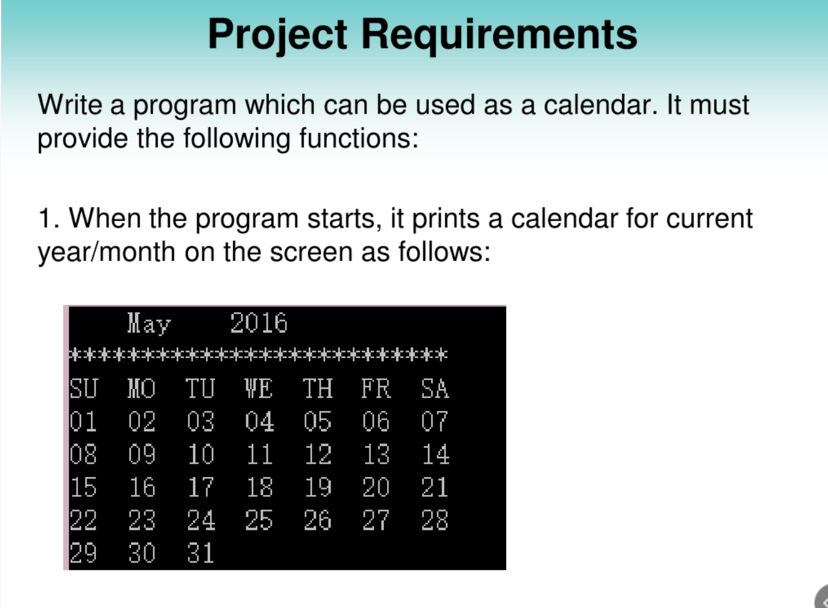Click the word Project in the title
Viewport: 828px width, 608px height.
pyautogui.click(x=278, y=35)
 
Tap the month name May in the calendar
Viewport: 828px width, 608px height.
pyautogui.click(x=149, y=323)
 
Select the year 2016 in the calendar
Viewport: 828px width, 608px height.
pyautogui.click(x=259, y=323)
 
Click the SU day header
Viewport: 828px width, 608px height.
pyautogui.click(x=84, y=389)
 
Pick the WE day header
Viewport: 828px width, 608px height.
pyautogui.click(x=259, y=389)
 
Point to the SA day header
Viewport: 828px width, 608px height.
pyautogui.click(x=435, y=389)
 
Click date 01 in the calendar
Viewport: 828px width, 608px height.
pyautogui.click(x=84, y=422)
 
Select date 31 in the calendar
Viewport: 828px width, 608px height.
pyautogui.click(x=201, y=553)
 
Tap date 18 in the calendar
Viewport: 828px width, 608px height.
pyautogui.click(x=259, y=488)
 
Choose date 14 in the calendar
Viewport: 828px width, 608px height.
pyautogui.click(x=435, y=454)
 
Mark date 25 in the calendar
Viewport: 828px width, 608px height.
pyautogui.click(x=259, y=521)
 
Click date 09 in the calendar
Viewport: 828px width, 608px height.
pyautogui.click(x=142, y=454)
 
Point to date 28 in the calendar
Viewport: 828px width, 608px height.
pyautogui.click(x=435, y=521)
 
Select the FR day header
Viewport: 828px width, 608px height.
pyautogui.click(x=376, y=389)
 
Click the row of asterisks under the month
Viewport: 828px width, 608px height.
pyautogui.click(x=258, y=355)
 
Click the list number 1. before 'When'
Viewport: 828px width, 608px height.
pyautogui.click(x=49, y=219)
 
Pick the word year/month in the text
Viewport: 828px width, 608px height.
pyautogui.click(x=106, y=252)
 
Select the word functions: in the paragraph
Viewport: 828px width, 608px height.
pyautogui.click(x=359, y=138)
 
